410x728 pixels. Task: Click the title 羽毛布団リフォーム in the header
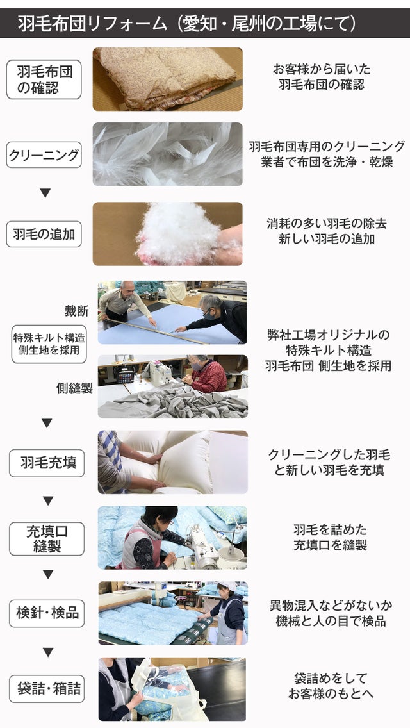coord(93,23)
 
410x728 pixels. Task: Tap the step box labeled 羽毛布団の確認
coord(44,79)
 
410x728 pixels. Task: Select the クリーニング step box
coord(44,154)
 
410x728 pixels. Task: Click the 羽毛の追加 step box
coord(44,234)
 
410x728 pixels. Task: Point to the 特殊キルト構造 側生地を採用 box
coord(49,344)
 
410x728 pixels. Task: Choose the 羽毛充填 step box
coord(47,463)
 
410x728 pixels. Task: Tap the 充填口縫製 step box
coord(47,538)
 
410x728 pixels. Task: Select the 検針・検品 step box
coord(47,613)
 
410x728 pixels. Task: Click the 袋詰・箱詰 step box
coord(47,688)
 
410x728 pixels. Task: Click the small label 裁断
coord(77,311)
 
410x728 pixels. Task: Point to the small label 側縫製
coord(74,388)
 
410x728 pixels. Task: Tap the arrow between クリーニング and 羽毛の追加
coord(45,193)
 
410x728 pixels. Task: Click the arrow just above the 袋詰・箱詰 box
coord(48,652)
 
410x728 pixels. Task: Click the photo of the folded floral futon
coord(168,79)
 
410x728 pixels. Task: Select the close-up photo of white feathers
coord(168,154)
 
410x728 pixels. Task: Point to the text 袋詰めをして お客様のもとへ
coord(330,686)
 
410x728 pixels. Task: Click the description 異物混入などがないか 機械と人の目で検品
coord(331,613)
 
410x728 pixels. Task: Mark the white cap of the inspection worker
coord(227,586)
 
